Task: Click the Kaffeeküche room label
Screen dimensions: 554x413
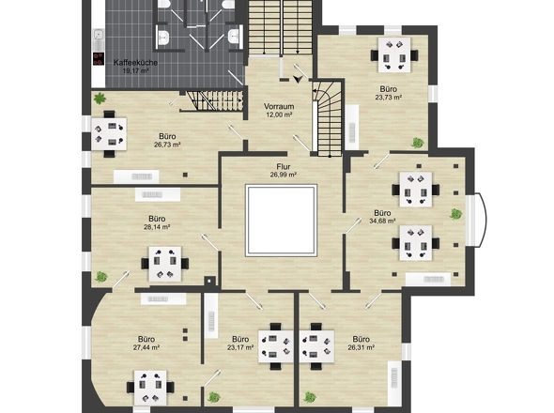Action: [135, 63]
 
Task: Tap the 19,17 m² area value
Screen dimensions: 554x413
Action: [135, 70]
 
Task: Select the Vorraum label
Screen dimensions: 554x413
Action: [279, 106]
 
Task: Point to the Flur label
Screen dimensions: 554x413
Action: [284, 166]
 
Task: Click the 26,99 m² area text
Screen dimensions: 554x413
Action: [284, 175]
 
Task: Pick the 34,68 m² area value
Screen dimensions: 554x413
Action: [382, 222]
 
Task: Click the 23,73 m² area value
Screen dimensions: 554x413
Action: [389, 98]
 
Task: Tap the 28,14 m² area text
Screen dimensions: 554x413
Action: [157, 227]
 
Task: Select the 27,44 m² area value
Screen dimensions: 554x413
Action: [146, 347]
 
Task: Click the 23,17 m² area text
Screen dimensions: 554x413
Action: [240, 347]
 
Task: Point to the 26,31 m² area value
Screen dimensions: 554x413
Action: [362, 347]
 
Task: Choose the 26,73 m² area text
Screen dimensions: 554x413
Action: [167, 145]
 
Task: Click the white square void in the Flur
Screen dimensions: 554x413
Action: [282, 220]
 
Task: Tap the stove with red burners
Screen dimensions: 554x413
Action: [99, 58]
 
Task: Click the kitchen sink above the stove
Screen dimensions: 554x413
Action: [99, 35]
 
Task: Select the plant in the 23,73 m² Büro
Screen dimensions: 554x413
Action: [417, 143]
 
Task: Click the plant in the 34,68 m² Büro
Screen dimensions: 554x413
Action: [455, 214]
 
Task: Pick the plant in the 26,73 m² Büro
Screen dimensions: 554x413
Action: [100, 99]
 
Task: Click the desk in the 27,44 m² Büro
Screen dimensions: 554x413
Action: [150, 388]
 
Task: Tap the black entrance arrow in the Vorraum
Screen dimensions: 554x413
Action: [298, 79]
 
